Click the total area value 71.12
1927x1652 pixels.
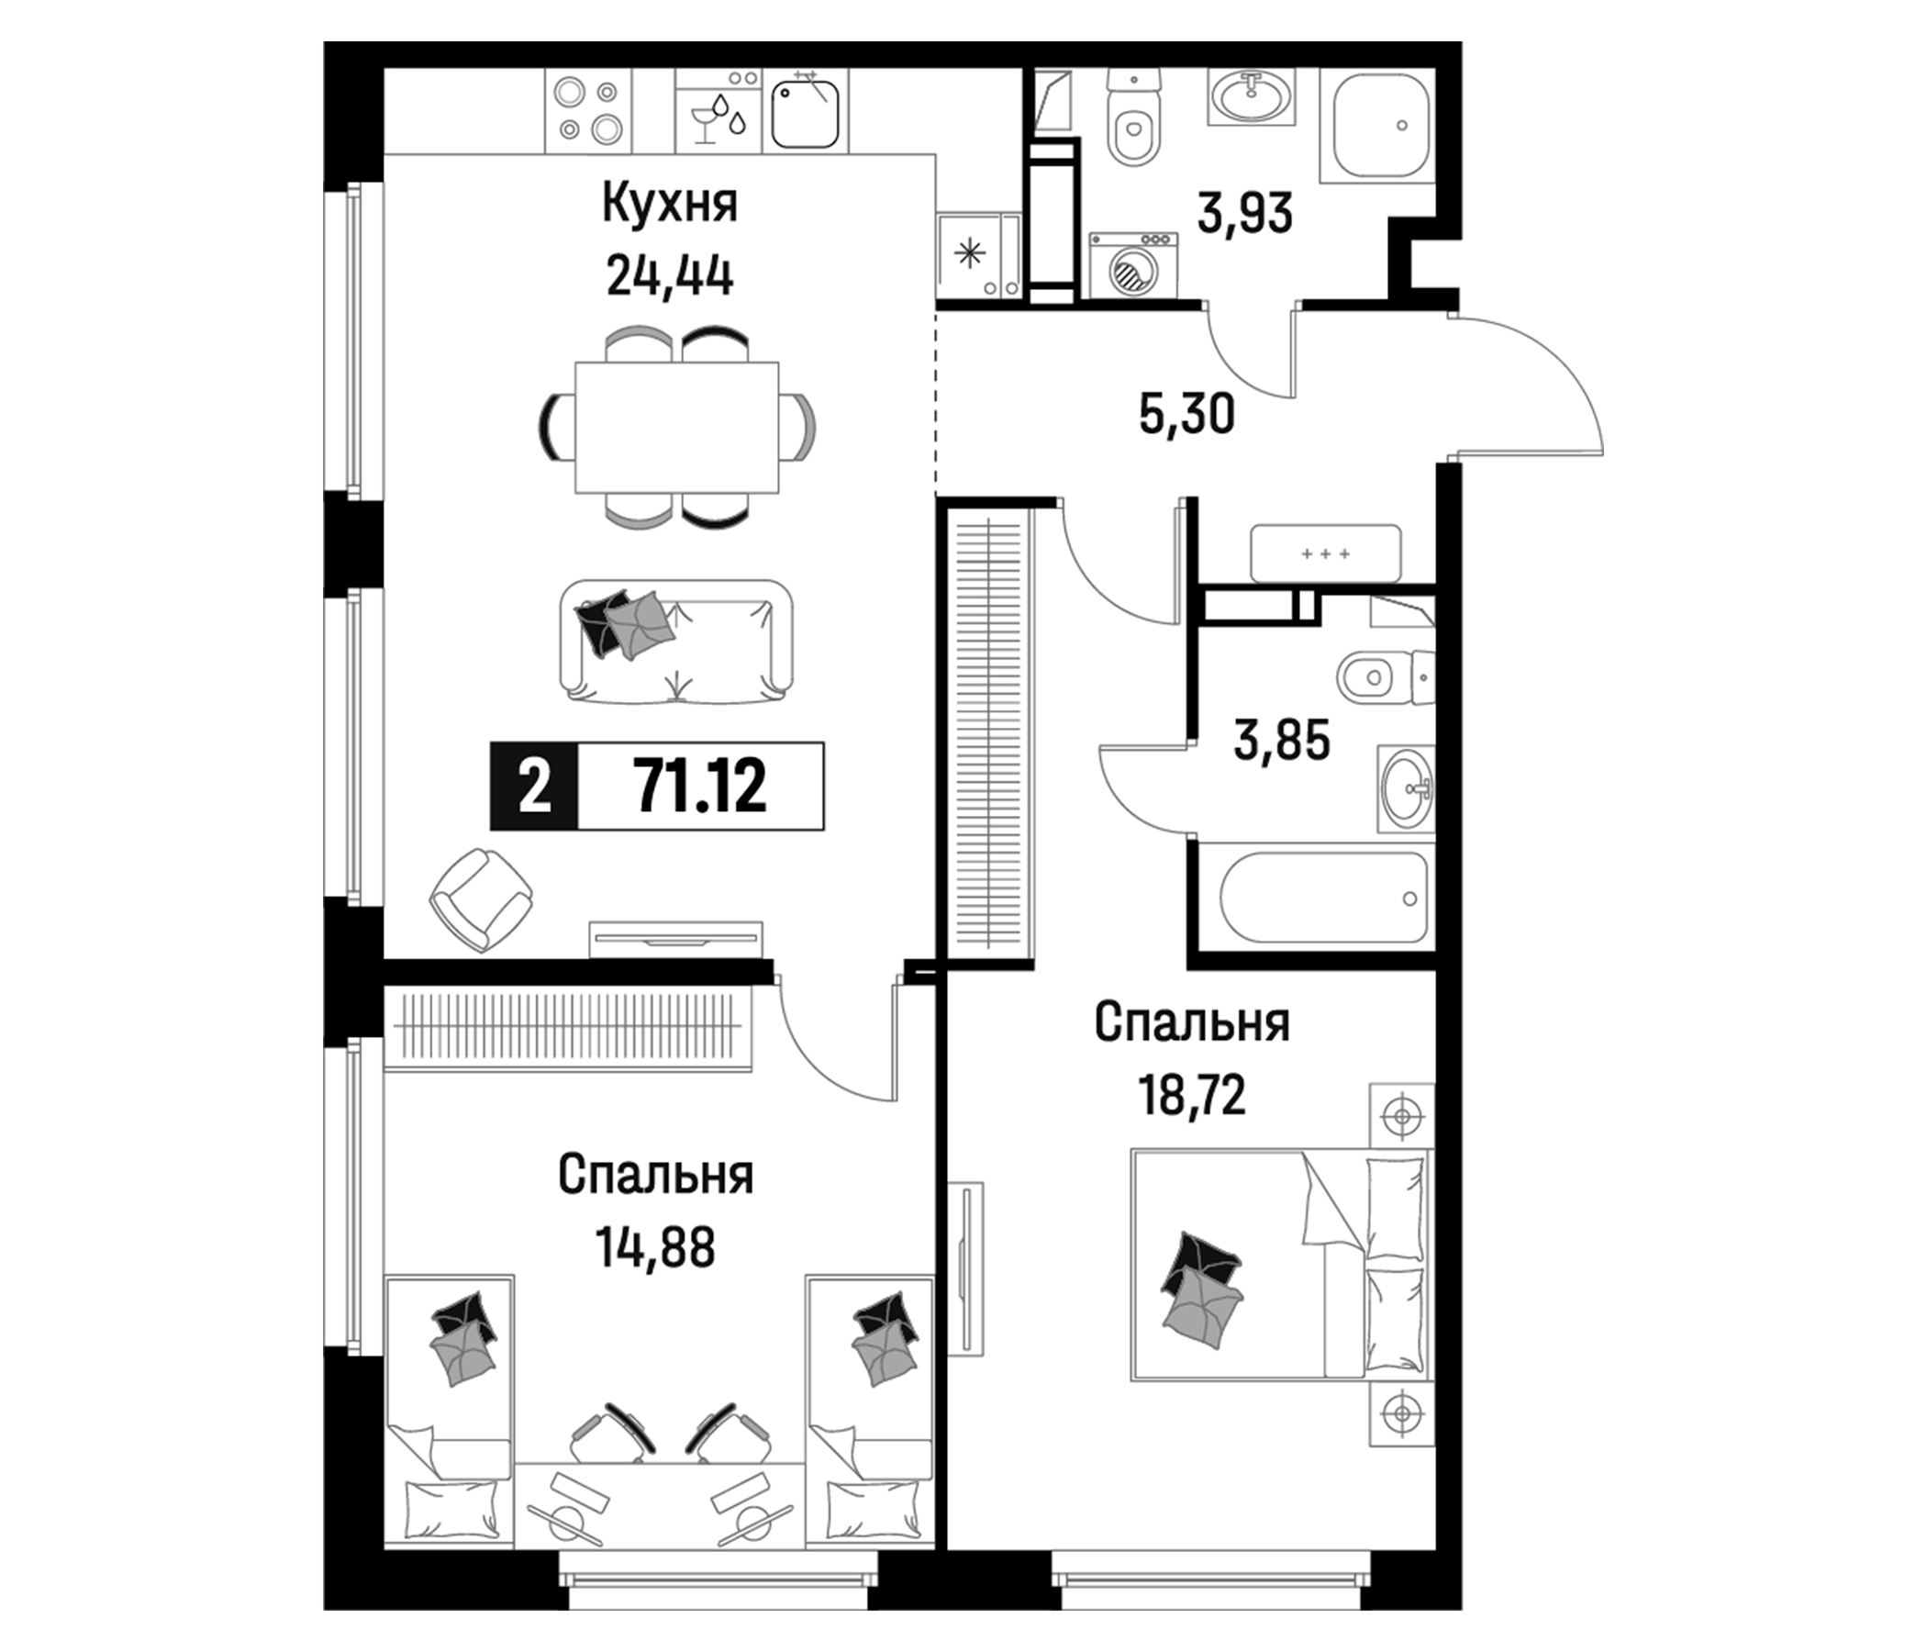pyautogui.click(x=700, y=786)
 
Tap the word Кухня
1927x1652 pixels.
pyautogui.click(x=670, y=205)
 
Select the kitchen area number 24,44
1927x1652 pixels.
pyautogui.click(x=670, y=275)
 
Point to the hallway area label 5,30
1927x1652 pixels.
pyautogui.click(x=1186, y=414)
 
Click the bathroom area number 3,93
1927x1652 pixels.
pyautogui.click(x=1245, y=215)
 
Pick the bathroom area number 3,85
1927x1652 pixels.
pyautogui.click(x=1283, y=741)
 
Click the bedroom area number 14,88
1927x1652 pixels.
pyautogui.click(x=657, y=1249)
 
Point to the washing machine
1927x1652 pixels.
pyautogui.click(x=1132, y=266)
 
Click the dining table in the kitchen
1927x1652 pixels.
pyautogui.click(x=677, y=427)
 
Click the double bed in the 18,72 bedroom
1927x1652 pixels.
pyautogui.click(x=1282, y=1264)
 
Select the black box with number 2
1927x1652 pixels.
pyautogui.click(x=534, y=786)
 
